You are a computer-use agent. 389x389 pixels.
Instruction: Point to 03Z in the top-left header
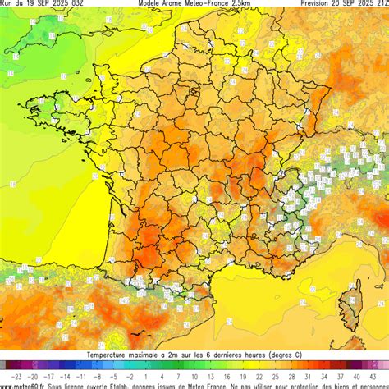tap(76, 3)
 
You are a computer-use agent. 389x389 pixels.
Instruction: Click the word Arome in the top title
tap(169, 3)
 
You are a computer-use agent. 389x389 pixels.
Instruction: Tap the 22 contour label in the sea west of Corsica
tap(302, 303)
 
